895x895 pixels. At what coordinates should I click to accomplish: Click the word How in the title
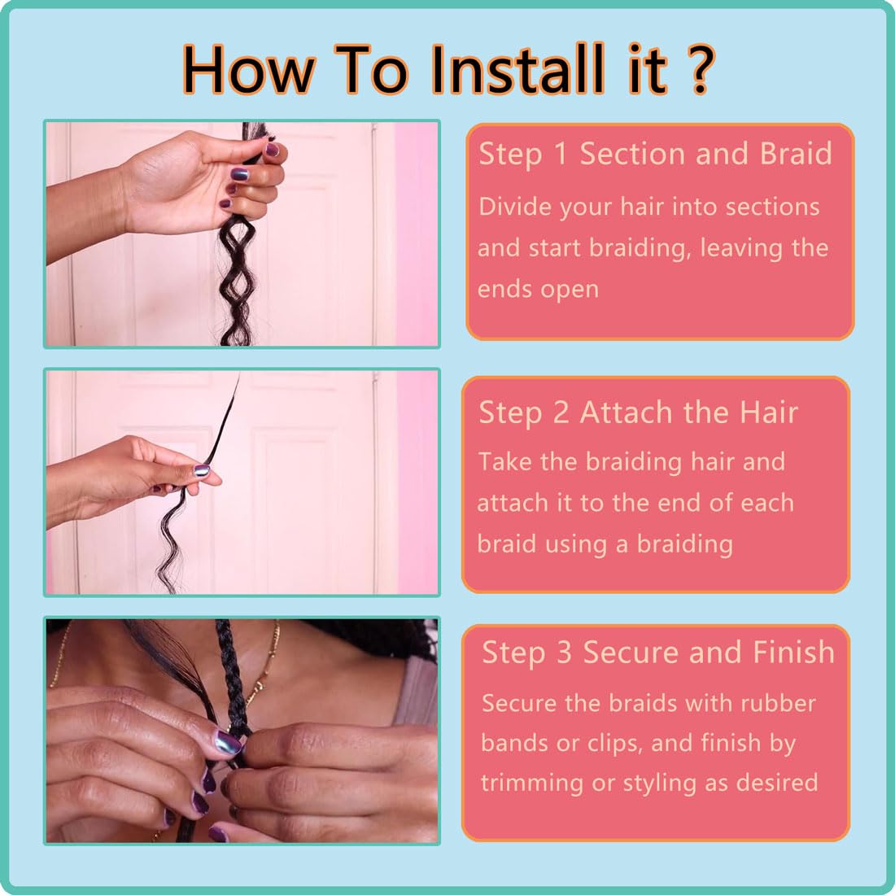248,70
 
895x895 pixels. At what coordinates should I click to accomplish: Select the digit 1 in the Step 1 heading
561,154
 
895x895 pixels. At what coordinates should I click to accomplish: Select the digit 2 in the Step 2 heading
561,413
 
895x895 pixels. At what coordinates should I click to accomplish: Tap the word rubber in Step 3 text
778,703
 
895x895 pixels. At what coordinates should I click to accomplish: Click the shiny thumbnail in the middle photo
202,471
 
